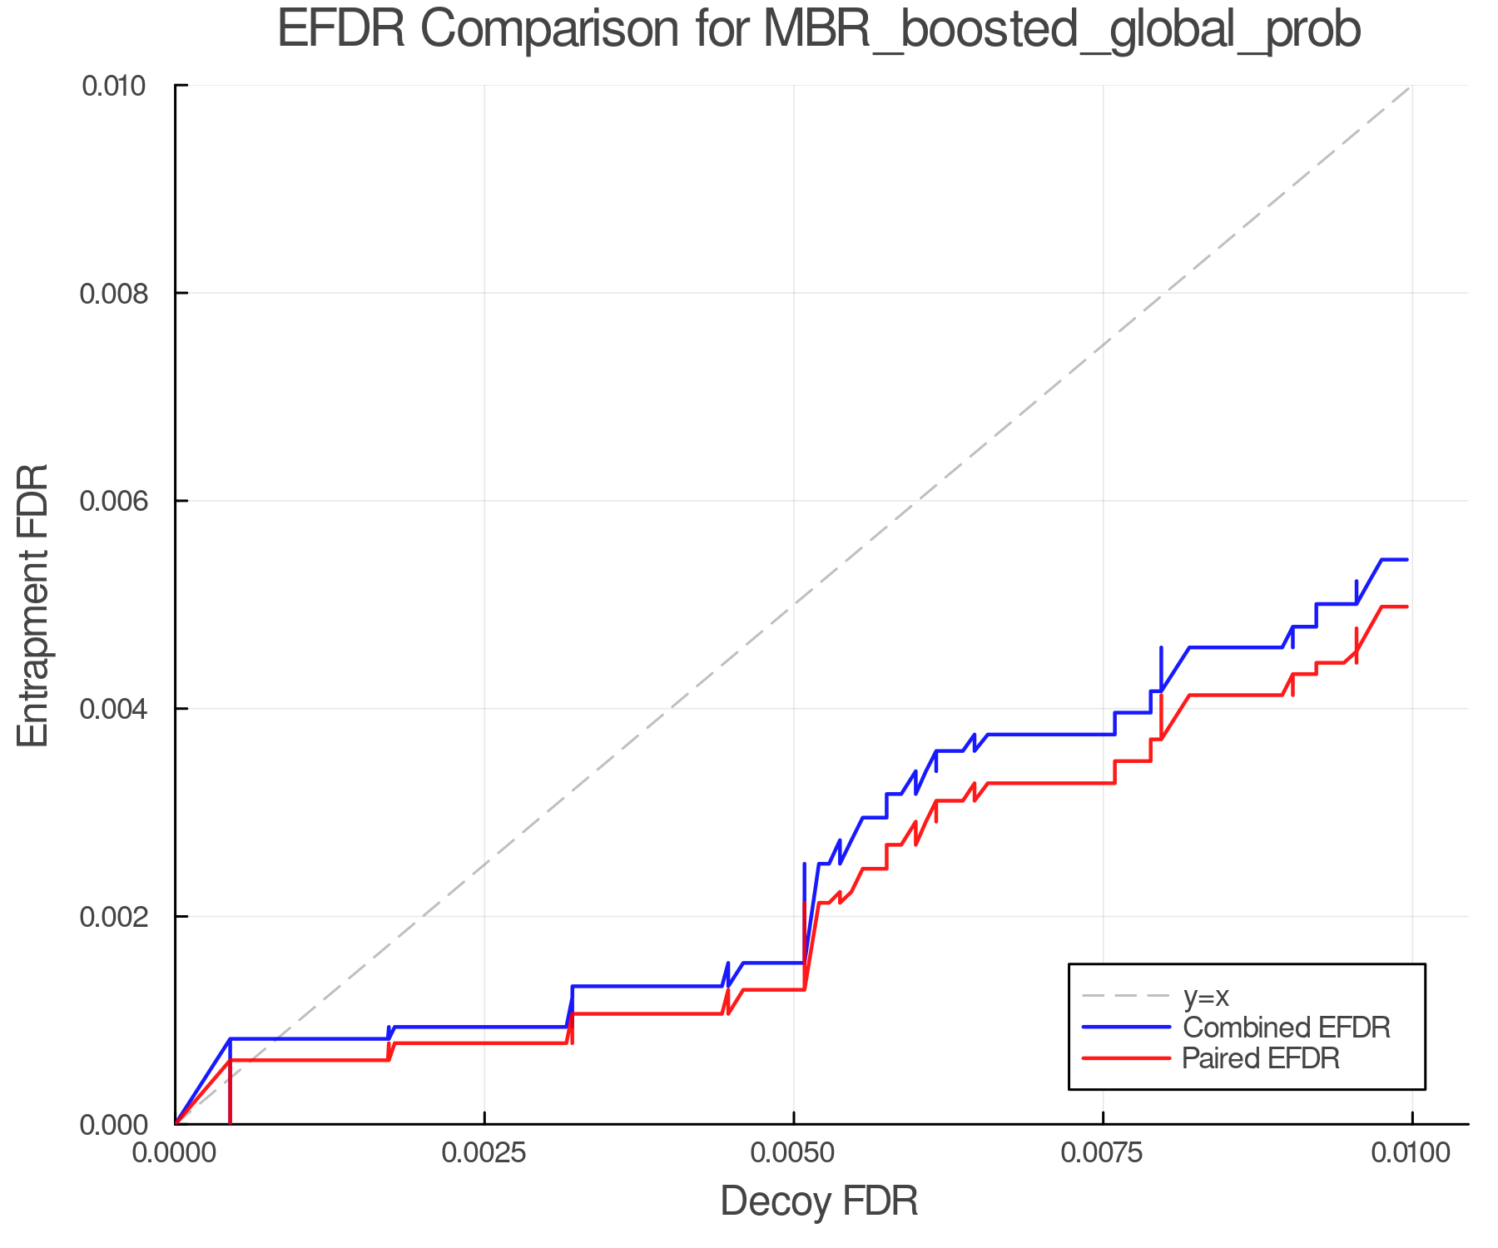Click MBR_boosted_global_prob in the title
click(x=1061, y=31)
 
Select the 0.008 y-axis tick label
click(x=122, y=293)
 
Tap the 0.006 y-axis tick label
click(x=122, y=501)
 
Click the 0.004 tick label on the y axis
click(x=122, y=709)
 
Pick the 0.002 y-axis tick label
click(x=122, y=917)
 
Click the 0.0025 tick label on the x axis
click(x=484, y=1152)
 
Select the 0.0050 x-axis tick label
click(x=794, y=1152)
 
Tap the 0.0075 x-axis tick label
click(x=1103, y=1152)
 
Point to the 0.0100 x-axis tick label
click(x=1411, y=1152)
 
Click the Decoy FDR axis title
click(x=819, y=1201)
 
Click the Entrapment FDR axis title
click(x=33, y=605)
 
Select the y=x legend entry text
click(x=1206, y=996)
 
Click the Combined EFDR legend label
click(x=1287, y=1028)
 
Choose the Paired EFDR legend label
click(x=1261, y=1058)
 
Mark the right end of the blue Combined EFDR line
click(x=1406, y=560)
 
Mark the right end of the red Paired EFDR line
click(x=1406, y=607)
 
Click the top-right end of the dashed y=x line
click(x=1411, y=86)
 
